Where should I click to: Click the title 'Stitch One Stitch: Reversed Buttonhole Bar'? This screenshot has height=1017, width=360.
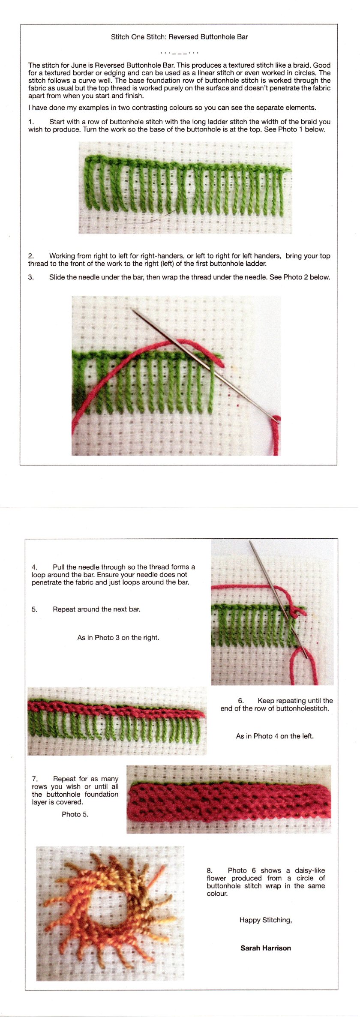coord(179,37)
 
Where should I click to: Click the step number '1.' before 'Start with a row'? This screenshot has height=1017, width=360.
coord(31,122)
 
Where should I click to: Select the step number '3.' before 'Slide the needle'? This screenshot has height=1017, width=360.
coord(31,277)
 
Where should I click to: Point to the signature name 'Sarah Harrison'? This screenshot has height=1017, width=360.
coord(265,948)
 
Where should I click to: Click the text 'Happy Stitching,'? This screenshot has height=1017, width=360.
coord(265,920)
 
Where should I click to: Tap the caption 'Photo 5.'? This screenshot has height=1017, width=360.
coord(75,814)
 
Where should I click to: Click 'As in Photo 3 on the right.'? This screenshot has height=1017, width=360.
coord(118,637)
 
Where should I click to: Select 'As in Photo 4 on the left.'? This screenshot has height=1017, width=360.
coord(275,736)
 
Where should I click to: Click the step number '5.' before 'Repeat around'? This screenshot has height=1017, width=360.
coord(34,609)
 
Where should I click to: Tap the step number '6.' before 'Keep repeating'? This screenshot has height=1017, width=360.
coord(241,700)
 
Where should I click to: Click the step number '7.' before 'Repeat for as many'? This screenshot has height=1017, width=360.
coord(35,778)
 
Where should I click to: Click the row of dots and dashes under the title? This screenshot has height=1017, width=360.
coord(179,53)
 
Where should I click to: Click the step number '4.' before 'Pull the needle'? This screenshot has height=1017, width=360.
coord(34,567)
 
